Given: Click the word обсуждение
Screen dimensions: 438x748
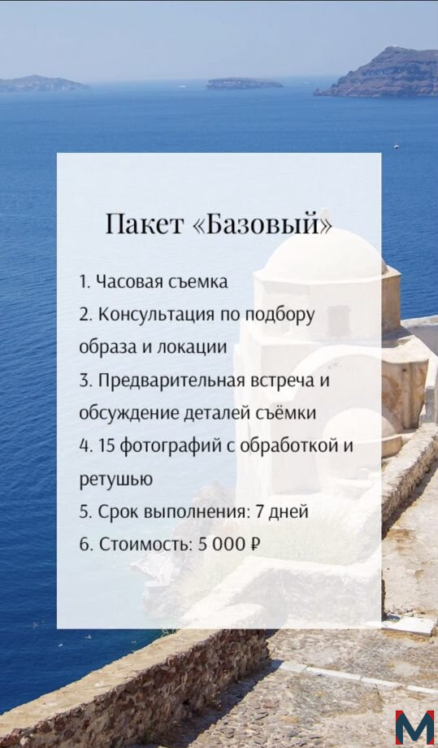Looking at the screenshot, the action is click(x=128, y=413).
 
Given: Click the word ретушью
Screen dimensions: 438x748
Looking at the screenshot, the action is click(x=116, y=480).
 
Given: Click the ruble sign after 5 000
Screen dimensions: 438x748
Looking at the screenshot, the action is click(x=255, y=544).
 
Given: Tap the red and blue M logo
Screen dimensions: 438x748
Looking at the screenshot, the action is click(x=414, y=728).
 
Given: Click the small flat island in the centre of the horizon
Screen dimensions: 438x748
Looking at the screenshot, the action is click(x=245, y=84).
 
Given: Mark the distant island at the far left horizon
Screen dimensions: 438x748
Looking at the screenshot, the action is click(x=44, y=83).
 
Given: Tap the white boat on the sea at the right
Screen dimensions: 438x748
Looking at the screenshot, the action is click(x=396, y=146).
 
